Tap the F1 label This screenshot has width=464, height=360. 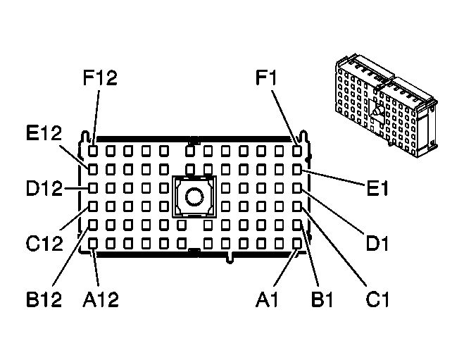270,77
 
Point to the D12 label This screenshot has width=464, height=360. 42,188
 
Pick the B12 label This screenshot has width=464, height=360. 44,299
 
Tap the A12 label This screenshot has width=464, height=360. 100,299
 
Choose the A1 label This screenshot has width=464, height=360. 268,299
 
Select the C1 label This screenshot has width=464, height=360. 378,299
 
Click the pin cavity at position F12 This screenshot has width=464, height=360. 93,151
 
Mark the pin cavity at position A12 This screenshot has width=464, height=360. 93,243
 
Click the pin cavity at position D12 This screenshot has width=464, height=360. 93,188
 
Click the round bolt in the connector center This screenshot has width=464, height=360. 194,197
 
